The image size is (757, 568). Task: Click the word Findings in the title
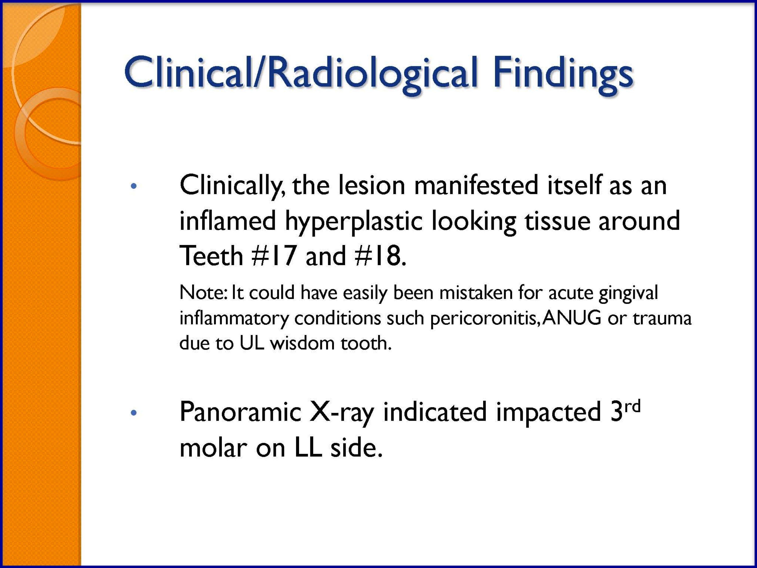pyautogui.click(x=563, y=73)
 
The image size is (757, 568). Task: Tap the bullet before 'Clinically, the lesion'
pyautogui.click(x=134, y=186)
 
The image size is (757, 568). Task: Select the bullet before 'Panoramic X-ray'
pyautogui.click(x=134, y=413)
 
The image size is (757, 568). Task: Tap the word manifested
pyautogui.click(x=476, y=185)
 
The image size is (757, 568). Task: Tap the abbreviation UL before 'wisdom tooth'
pyautogui.click(x=252, y=343)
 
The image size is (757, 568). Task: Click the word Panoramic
pyautogui.click(x=240, y=412)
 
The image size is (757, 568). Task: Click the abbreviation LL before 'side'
pyautogui.click(x=308, y=448)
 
